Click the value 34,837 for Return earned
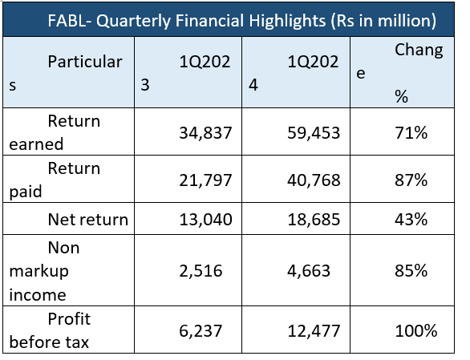click(x=205, y=133)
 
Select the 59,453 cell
click(x=314, y=133)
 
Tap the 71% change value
click(x=411, y=132)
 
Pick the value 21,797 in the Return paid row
click(x=205, y=180)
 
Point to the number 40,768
click(x=314, y=180)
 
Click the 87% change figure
click(x=411, y=180)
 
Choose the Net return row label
click(x=88, y=220)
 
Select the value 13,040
click(x=205, y=220)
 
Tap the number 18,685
click(x=314, y=220)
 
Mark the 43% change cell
click(x=411, y=219)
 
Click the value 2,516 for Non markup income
click(x=201, y=271)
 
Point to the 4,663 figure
click(x=309, y=271)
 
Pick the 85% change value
click(x=411, y=270)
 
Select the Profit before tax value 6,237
click(x=201, y=331)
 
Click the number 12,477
click(x=314, y=331)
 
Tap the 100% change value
click(x=416, y=331)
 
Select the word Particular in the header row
click(x=85, y=62)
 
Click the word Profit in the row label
click(x=69, y=318)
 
